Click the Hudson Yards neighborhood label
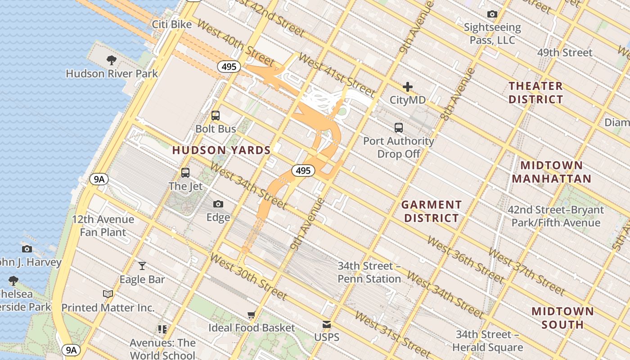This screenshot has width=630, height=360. point(221,150)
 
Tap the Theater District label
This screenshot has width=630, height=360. point(535,93)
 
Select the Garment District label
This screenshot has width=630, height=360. point(431,211)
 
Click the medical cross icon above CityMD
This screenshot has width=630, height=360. point(408,87)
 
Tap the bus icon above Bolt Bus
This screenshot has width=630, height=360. point(216,116)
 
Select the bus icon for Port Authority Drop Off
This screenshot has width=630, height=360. point(399,127)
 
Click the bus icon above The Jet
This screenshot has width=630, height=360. point(185,173)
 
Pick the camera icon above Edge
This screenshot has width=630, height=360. point(218,204)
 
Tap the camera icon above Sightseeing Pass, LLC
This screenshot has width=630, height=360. point(492,14)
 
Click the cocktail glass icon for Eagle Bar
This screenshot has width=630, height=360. point(142,266)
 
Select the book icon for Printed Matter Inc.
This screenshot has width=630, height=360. point(108,294)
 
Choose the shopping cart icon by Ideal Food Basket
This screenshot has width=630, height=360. point(252,315)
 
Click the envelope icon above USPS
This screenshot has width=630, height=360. point(327,324)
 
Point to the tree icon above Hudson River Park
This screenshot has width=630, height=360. point(112,60)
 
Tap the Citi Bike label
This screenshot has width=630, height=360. point(172,24)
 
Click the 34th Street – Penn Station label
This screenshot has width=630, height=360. point(369,272)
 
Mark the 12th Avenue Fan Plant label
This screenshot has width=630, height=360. point(103,226)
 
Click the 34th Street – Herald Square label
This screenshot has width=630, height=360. point(487,341)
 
